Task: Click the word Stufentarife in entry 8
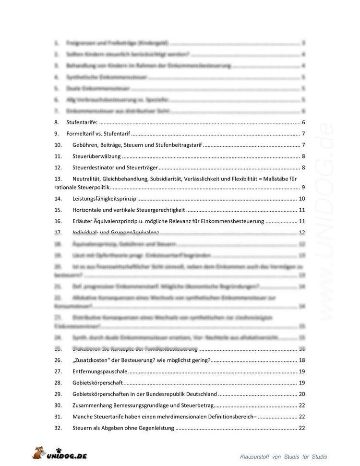82,122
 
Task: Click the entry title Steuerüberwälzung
96,156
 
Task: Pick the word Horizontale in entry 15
87,210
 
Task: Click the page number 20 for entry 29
302,394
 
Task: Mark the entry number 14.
58,198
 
